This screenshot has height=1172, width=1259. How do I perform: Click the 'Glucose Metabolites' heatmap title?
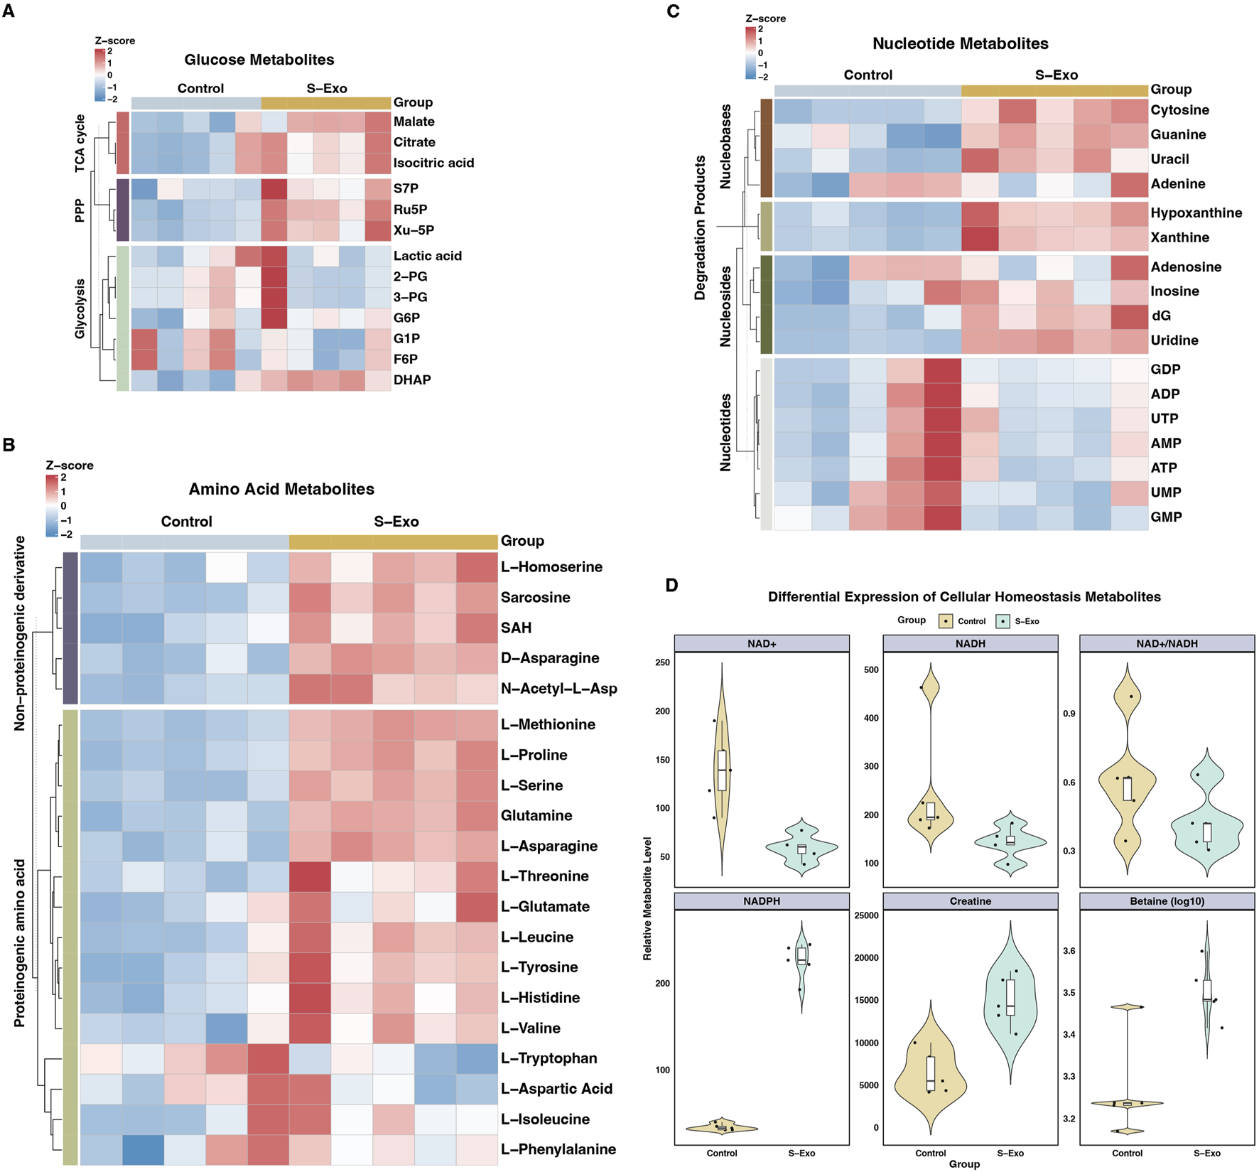point(259,60)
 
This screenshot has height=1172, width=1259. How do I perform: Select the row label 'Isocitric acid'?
point(433,163)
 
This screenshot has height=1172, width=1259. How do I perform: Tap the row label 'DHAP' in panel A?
point(412,380)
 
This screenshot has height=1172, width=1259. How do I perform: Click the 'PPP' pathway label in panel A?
point(80,210)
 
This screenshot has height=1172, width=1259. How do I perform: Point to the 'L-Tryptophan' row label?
point(549,1058)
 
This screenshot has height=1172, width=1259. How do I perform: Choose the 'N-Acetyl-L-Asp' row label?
point(558,688)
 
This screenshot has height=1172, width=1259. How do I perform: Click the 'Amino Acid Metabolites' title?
point(281,489)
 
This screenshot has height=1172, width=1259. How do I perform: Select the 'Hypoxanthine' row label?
point(1196,213)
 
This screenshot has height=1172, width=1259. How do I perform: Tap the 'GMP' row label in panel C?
point(1166,517)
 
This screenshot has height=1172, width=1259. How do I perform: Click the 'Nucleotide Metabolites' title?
point(960,43)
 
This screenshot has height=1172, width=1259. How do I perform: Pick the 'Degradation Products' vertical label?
point(701,227)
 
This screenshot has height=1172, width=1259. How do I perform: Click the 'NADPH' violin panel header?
point(761,901)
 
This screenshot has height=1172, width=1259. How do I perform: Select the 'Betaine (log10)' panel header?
point(1167,901)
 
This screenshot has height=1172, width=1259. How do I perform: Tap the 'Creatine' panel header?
point(970,901)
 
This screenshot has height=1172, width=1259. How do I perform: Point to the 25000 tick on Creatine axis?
point(866,915)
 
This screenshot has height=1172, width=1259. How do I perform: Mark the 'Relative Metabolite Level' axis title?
point(647,898)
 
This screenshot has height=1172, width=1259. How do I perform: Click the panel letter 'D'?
point(671,585)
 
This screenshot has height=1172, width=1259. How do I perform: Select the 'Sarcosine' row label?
point(535,597)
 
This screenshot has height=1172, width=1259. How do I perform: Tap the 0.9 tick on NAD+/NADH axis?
point(1069,714)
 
